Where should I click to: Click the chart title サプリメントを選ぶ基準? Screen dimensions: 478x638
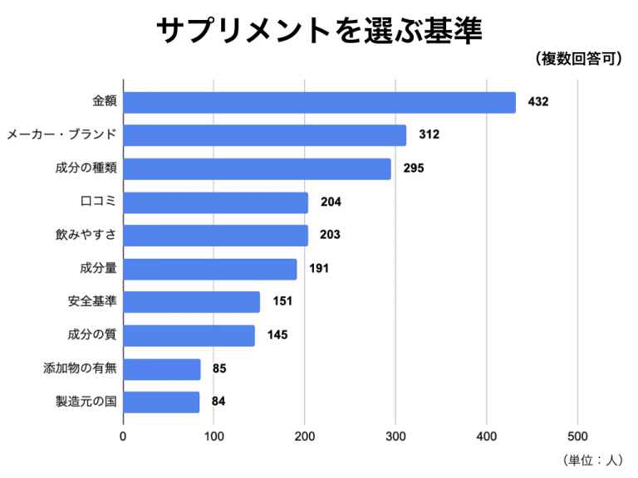tap(320, 31)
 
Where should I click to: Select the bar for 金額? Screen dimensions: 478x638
tap(320, 102)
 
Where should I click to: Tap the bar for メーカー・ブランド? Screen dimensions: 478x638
tap(265, 135)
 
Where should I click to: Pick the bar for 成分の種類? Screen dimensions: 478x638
tap(258, 168)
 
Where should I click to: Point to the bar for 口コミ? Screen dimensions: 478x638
tap(216, 202)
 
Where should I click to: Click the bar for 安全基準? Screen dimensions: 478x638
tap(192, 301)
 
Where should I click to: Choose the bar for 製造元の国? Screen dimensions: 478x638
tap(162, 402)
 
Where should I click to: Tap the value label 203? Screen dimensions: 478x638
tap(330, 235)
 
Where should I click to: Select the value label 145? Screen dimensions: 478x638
tap(277, 335)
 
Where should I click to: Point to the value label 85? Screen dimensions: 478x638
tap(219, 368)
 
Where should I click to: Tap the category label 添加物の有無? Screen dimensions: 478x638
tap(80, 368)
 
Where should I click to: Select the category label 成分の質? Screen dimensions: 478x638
tap(91, 335)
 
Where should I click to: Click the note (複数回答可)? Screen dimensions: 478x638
tap(580, 60)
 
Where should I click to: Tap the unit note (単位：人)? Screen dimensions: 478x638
tap(592, 460)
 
